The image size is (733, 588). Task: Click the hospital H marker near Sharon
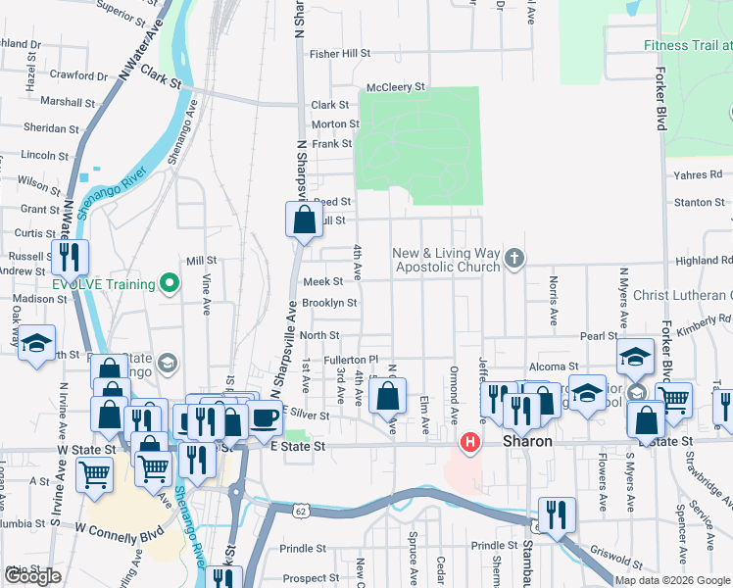(470, 443)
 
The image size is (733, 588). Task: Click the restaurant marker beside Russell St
(70, 258)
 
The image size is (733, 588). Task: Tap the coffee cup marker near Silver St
(265, 417)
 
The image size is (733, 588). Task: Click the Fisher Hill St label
(340, 54)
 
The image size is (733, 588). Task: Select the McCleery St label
(396, 86)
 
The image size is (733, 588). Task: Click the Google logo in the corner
(32, 576)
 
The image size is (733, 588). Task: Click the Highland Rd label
(704, 261)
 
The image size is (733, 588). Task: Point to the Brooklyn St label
(328, 303)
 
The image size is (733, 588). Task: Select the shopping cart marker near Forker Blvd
(673, 399)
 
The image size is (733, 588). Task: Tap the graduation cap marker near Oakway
(37, 343)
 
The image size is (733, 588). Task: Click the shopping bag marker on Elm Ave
(389, 398)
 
